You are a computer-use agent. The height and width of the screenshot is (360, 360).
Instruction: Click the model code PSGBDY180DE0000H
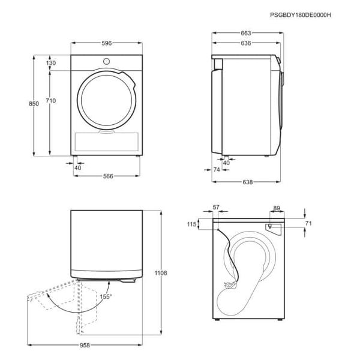pos(301,15)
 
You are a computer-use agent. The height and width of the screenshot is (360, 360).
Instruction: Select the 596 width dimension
pos(107,43)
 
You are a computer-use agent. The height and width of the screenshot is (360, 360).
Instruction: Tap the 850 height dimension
pos(34,104)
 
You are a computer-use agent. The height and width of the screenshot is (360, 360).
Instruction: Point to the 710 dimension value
pos(51,101)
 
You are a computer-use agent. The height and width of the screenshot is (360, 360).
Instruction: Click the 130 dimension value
pos(51,63)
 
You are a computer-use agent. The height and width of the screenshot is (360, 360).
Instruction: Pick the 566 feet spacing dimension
pos(108,176)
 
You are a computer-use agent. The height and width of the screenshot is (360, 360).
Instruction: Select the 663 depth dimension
pos(245,33)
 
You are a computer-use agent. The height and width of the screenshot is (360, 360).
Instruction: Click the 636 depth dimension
pos(245,43)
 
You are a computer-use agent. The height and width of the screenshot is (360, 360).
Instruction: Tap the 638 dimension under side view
pos(247,182)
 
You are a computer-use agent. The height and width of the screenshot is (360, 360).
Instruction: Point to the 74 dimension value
pos(217,169)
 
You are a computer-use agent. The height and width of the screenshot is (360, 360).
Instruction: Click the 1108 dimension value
pos(161,273)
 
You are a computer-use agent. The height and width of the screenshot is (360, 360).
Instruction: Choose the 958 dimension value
pos(85,345)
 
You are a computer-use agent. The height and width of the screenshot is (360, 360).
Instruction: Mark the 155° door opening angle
pos(106,296)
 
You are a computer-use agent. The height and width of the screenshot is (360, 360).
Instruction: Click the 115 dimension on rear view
pos(192,224)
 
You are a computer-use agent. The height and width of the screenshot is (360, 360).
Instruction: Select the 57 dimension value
pos(216,208)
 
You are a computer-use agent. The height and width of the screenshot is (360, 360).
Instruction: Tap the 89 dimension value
pos(277,208)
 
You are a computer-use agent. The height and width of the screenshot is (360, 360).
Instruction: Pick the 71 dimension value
pos(308,223)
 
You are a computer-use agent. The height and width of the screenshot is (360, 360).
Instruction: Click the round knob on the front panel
pos(106,62)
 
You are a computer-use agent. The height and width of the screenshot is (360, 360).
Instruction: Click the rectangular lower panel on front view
pos(107,142)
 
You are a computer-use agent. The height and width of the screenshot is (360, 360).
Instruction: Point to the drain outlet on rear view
pos(270,227)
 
